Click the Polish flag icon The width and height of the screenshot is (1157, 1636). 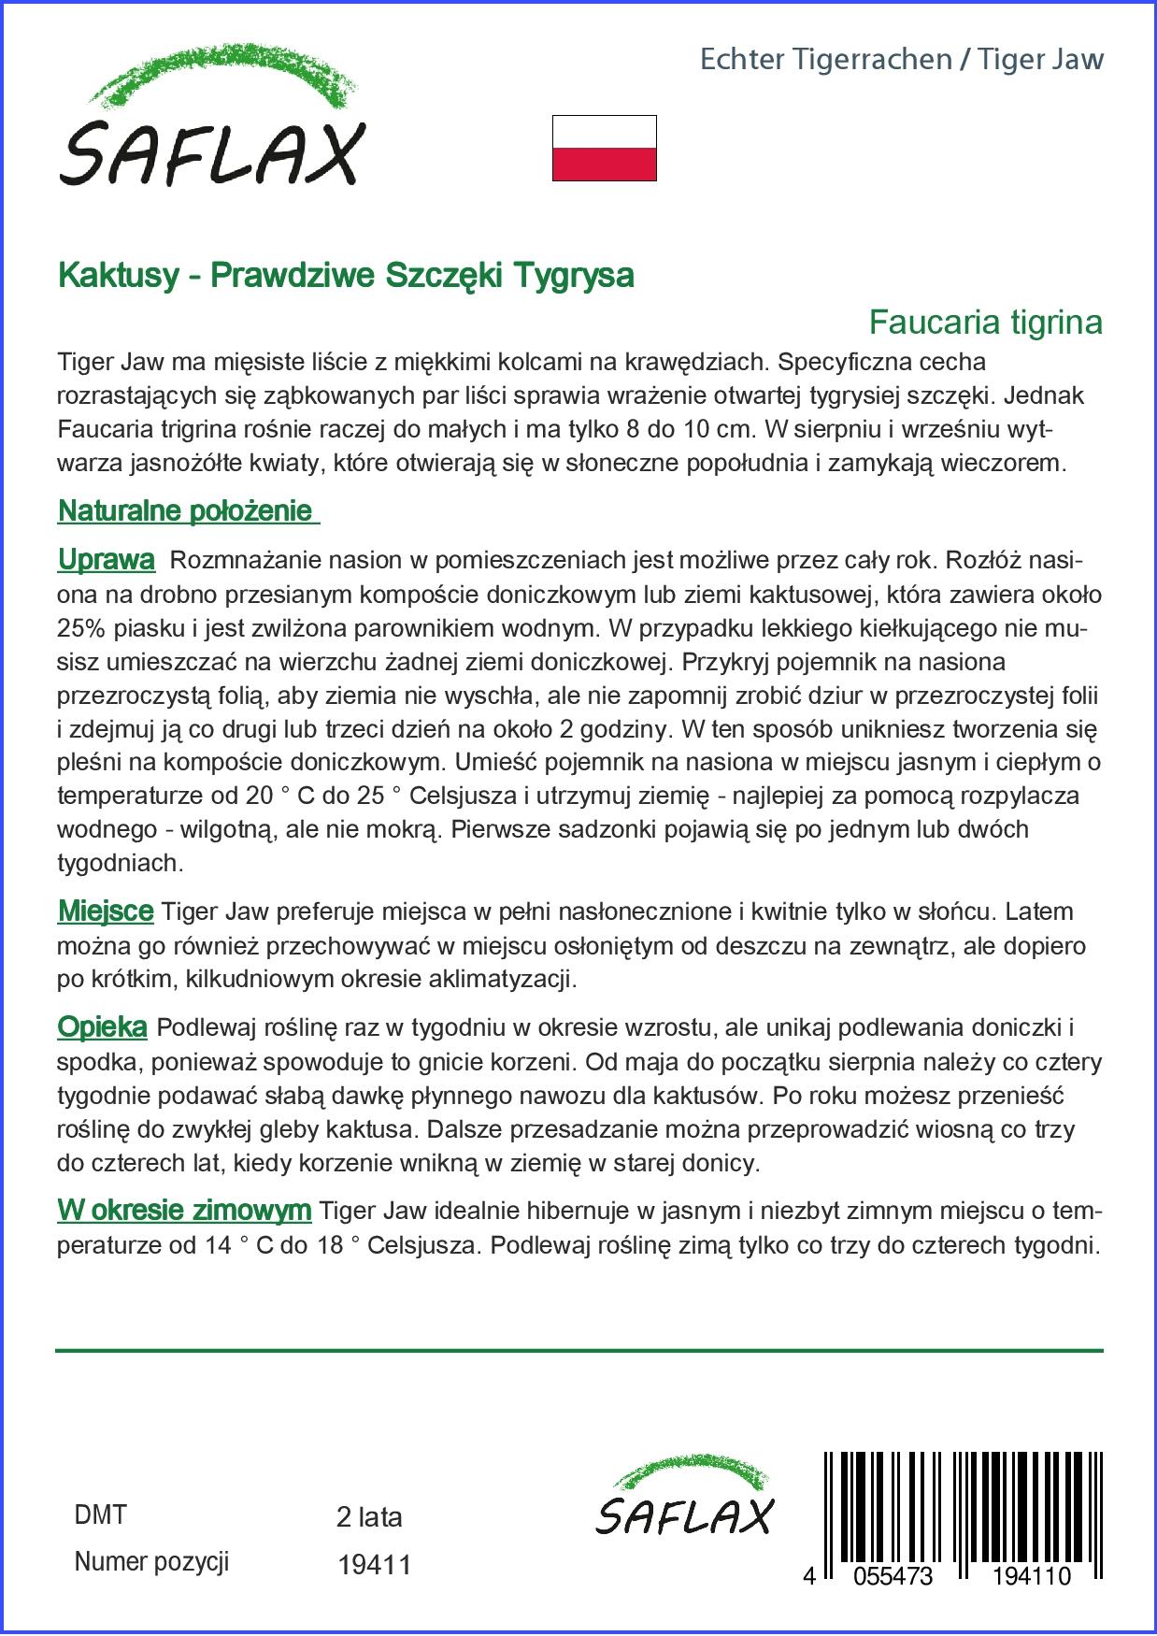(604, 148)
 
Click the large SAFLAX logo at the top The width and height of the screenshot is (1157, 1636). (211, 118)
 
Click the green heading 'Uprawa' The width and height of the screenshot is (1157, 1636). (106, 560)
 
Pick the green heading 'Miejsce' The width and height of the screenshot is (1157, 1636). (105, 911)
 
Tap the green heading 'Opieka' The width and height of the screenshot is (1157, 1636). (102, 1027)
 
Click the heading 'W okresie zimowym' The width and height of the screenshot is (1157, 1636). (184, 1211)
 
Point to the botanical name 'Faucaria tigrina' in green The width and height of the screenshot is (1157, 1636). (985, 323)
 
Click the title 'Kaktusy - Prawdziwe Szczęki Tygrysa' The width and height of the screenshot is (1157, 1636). (346, 275)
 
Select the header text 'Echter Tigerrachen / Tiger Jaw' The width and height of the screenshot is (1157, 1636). (901, 60)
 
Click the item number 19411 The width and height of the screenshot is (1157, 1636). (374, 1565)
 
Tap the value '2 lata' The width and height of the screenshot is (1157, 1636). (369, 1517)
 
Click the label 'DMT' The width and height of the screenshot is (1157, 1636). (99, 1515)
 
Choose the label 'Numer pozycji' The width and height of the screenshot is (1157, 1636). (150, 1562)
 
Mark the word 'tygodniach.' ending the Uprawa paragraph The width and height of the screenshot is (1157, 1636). (121, 863)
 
